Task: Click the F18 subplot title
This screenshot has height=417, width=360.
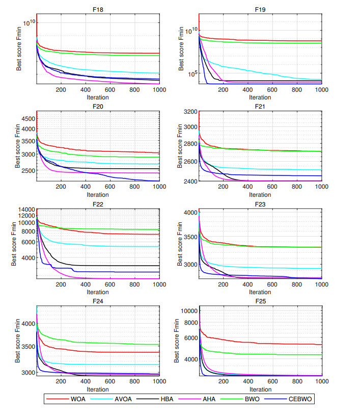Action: pos(97,9)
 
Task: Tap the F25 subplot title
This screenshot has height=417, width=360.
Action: pos(260,301)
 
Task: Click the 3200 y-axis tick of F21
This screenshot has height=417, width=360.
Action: pos(190,112)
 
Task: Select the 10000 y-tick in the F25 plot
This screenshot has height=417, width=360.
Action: pos(188,310)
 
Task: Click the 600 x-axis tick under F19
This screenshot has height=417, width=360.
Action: pos(272,90)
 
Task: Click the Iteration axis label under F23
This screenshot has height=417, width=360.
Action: pos(260,293)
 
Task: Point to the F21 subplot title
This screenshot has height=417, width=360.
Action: pos(260,107)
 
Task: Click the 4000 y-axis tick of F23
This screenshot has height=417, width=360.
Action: pos(190,213)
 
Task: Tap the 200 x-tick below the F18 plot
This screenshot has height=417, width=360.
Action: pos(61,90)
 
